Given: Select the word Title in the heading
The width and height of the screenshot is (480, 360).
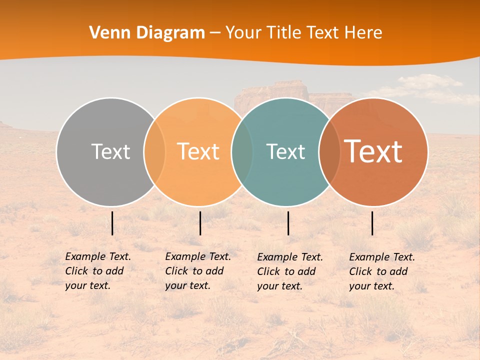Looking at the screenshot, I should click(284, 33).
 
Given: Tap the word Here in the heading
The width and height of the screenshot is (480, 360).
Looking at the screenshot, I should click(363, 33).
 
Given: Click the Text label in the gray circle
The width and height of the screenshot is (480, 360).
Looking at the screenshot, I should click(110, 151).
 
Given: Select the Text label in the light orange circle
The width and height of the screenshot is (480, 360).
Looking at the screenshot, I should click(198, 151).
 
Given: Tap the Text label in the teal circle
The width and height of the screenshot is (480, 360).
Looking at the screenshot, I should click(285, 151).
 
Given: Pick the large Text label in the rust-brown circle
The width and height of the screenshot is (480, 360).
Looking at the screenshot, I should click(373, 151).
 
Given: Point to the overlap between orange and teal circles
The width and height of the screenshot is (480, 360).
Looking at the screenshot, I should click(242, 152).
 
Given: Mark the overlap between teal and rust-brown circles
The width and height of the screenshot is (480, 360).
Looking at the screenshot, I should click(329, 152).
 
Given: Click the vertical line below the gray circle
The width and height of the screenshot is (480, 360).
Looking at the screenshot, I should click(112, 223).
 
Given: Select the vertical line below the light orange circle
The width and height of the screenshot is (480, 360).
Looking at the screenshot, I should click(200, 223).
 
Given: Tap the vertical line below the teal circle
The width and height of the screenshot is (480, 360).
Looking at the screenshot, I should click(288, 223).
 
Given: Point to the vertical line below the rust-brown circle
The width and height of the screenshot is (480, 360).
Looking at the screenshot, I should click(372, 223).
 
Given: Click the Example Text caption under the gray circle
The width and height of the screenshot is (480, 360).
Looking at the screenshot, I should click(98, 271).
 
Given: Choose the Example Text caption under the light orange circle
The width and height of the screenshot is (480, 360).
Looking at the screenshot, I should click(198, 271).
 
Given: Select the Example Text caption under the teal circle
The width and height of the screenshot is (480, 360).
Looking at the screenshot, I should click(290, 271).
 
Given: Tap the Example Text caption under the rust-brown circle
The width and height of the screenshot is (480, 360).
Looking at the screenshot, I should click(382, 271).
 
